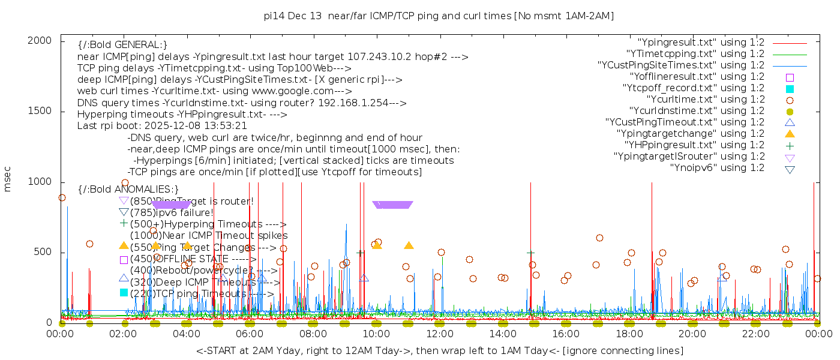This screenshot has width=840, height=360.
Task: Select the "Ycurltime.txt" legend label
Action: click(x=705, y=100)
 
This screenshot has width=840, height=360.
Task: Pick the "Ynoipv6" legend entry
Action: click(x=717, y=168)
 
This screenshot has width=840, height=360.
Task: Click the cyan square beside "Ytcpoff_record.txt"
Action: click(x=790, y=88)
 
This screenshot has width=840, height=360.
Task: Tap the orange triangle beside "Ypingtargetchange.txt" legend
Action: click(x=790, y=134)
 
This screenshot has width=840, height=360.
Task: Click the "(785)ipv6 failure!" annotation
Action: click(x=172, y=212)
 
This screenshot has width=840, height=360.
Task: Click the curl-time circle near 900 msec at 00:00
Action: click(x=62, y=197)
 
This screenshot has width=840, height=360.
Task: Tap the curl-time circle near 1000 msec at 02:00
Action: click(x=125, y=183)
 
